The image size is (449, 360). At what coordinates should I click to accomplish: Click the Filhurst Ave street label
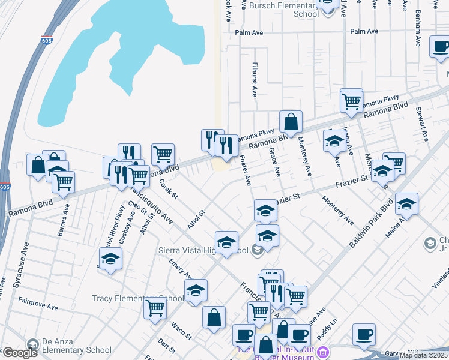pos(255,79)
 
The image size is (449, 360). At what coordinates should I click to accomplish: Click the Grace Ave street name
pos(275,162)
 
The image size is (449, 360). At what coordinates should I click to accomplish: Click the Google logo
pos(19,353)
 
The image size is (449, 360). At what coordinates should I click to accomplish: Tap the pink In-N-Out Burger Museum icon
pos(324,351)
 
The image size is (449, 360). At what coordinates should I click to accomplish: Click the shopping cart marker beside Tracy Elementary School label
pos(155,308)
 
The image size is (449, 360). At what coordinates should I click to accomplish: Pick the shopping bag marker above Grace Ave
pos(291,122)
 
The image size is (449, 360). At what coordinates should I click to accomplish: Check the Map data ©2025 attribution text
pos(423,355)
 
